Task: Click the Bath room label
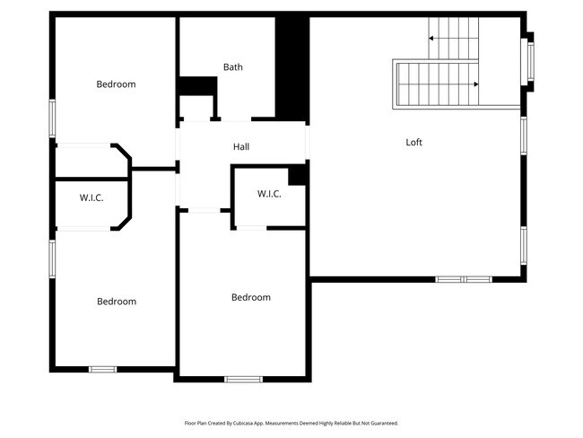pyautogui.click(x=233, y=66)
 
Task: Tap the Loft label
pyautogui.click(x=413, y=142)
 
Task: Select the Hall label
pyautogui.click(x=241, y=147)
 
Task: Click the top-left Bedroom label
pyautogui.click(x=116, y=84)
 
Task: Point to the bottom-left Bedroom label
pyautogui.click(x=117, y=302)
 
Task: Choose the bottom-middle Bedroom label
pyautogui.click(x=251, y=298)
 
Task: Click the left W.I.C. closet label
pyautogui.click(x=91, y=197)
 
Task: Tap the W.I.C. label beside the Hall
pyautogui.click(x=269, y=194)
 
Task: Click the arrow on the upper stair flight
pyautogui.click(x=433, y=39)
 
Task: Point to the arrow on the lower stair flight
pyautogui.click(x=474, y=84)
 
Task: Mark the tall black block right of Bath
pyautogui.click(x=291, y=67)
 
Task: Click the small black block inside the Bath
pyautogui.click(x=198, y=85)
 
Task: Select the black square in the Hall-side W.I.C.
pyautogui.click(x=298, y=175)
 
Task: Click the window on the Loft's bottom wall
pyautogui.click(x=463, y=279)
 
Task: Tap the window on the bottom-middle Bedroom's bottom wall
pyautogui.click(x=242, y=380)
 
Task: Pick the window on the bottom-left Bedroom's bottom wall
pyautogui.click(x=102, y=368)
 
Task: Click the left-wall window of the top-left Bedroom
pyautogui.click(x=52, y=118)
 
